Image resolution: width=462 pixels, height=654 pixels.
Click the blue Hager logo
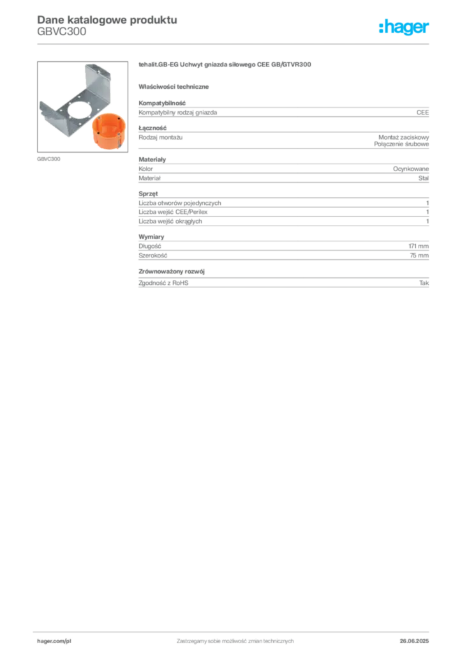click(405, 27)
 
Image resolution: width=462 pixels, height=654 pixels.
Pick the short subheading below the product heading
click(176, 86)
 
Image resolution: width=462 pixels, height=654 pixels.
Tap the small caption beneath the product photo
click(48, 158)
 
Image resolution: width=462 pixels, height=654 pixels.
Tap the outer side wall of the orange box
click(108, 141)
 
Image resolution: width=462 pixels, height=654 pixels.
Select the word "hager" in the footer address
click(46, 640)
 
